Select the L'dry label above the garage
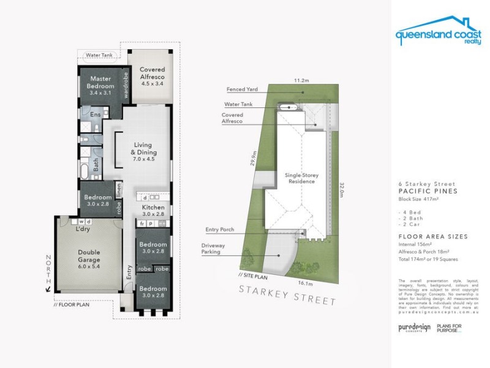coord(83,229)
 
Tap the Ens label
coord(96,115)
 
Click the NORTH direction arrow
coord(48,291)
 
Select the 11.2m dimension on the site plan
coord(300,80)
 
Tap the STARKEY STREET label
coord(287,296)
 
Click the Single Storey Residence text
coord(300,178)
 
